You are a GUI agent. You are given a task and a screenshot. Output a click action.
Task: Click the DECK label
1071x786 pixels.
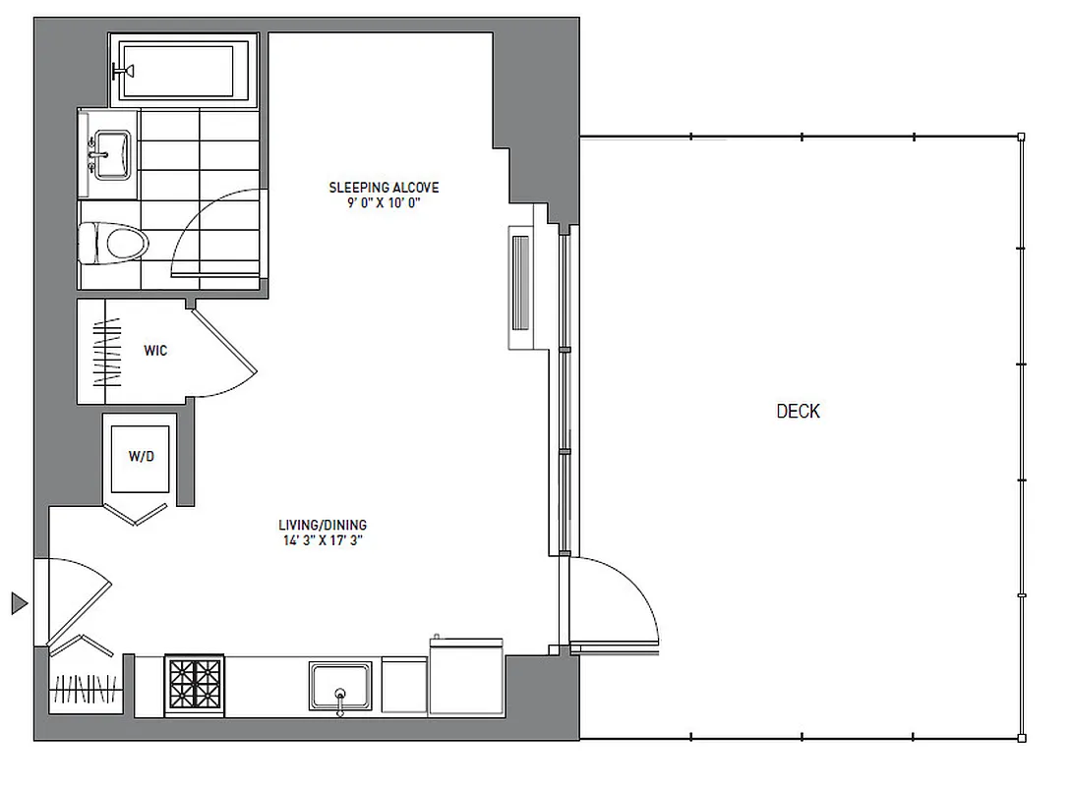point(798,412)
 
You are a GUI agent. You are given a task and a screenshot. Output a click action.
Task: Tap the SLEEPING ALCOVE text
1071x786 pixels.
point(384,188)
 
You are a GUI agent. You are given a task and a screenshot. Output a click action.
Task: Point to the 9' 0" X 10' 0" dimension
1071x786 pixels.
point(384,203)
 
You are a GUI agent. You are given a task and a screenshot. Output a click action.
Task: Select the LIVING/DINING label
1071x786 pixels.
point(323,526)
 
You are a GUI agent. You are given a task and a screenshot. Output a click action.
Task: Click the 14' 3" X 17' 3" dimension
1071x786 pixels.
point(323,540)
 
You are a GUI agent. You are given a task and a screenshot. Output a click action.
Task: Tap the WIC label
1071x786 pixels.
point(155,351)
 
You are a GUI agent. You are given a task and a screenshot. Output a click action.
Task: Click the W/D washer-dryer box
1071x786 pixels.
point(141,458)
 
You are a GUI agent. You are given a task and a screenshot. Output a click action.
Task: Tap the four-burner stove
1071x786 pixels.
point(195,685)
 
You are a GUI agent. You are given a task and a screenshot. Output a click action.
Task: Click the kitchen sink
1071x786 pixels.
point(340,686)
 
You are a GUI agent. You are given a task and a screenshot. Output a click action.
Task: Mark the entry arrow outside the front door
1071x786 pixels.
point(19,602)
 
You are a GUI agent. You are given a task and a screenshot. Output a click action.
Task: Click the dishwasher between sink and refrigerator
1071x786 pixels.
point(403,685)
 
